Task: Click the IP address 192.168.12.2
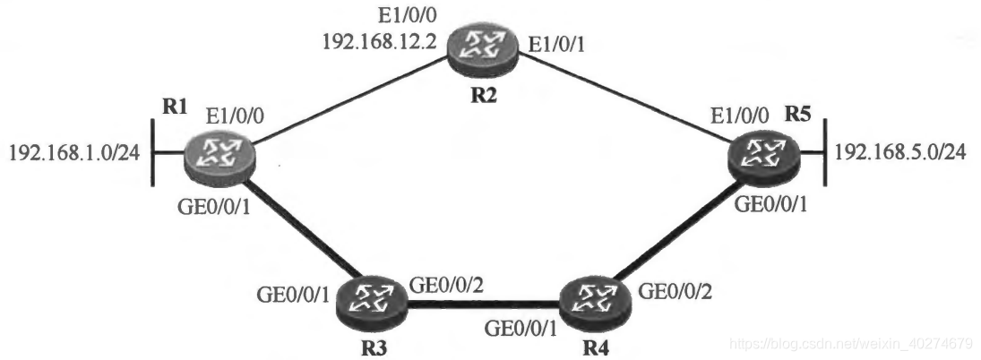click(x=380, y=41)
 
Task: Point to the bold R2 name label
click(x=484, y=94)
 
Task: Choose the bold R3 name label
click(x=369, y=347)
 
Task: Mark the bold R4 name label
click(x=596, y=346)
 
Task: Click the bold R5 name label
click(x=800, y=113)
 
